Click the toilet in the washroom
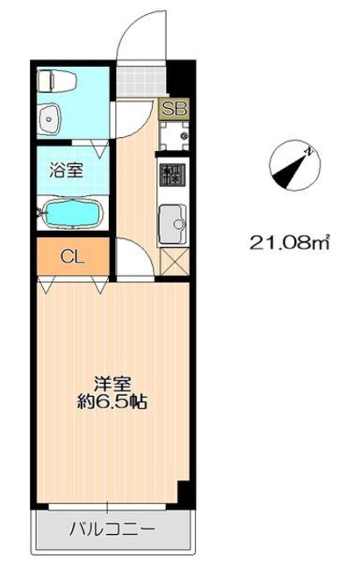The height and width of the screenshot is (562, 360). (x=57, y=80)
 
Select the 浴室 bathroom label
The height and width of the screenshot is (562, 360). (x=66, y=170)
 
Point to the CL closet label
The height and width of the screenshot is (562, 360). (x=73, y=256)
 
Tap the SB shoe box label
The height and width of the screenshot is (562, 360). (x=174, y=109)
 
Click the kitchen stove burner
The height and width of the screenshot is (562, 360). (x=173, y=175)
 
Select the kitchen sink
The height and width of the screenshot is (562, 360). (x=172, y=224)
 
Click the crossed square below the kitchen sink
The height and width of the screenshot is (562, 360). (x=175, y=261)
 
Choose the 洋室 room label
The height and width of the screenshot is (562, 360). (x=112, y=385)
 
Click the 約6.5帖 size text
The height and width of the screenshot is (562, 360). (x=112, y=402)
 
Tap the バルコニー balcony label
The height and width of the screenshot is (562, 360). (x=112, y=529)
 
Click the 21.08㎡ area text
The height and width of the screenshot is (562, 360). (x=289, y=242)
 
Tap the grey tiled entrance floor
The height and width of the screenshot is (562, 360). (x=141, y=82)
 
